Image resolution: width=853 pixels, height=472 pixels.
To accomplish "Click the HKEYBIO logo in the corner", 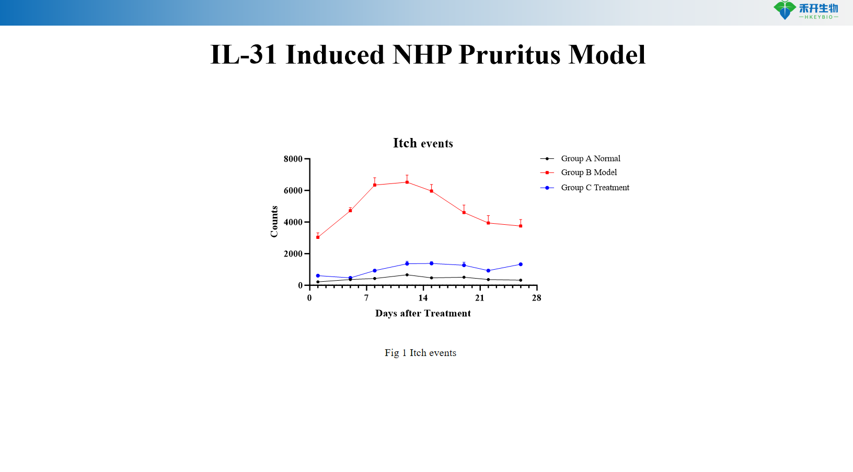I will (805, 10).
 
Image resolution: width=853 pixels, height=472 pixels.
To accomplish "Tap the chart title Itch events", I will (423, 143).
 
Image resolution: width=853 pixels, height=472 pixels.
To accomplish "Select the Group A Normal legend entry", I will (590, 158).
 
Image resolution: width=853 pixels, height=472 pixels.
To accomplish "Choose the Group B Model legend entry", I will (589, 172).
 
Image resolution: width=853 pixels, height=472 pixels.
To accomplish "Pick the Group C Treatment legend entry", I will (595, 188).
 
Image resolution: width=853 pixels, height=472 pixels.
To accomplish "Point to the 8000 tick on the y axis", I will (293, 159).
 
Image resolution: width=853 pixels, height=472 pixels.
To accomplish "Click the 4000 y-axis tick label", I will (293, 222).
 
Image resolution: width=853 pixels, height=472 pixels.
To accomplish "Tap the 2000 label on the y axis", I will (293, 254).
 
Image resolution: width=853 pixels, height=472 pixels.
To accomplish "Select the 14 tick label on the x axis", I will (423, 298).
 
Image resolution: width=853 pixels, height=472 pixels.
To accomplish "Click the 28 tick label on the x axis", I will (536, 298).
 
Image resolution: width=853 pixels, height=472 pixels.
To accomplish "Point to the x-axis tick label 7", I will (366, 298).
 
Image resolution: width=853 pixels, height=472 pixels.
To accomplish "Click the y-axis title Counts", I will (274, 222).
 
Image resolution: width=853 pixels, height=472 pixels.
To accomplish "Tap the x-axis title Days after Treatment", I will (423, 314).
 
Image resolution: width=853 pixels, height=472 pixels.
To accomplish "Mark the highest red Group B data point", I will (407, 182).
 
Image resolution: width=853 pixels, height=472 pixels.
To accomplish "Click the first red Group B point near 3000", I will (318, 237).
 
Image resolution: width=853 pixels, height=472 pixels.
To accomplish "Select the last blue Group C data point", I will (521, 264).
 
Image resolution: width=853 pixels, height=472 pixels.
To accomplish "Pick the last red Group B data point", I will (521, 226).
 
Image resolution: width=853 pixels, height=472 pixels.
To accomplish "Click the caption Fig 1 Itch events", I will (420, 353).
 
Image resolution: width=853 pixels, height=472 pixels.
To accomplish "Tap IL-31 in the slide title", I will (244, 55).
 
